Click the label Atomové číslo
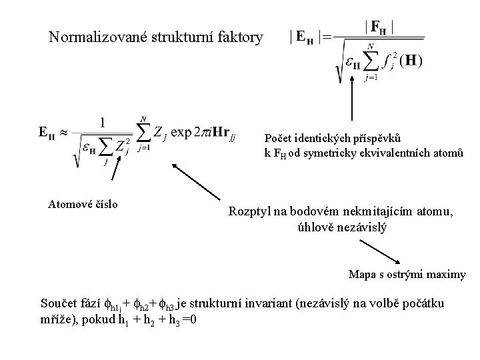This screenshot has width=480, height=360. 84,204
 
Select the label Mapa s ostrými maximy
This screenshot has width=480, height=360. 407,274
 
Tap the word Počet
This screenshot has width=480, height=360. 278,139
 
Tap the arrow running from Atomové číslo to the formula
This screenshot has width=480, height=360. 117,179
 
